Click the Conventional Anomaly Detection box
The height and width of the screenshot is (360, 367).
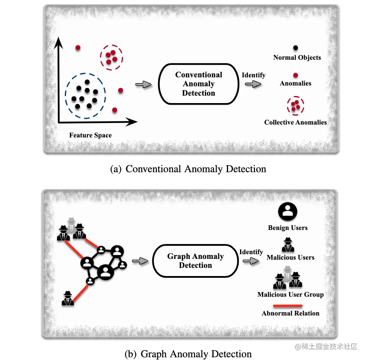pos(198,84)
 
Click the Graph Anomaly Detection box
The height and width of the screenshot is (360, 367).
pos(195,261)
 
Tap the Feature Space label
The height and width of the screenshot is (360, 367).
pos(90,135)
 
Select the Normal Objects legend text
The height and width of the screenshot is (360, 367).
pos(297,57)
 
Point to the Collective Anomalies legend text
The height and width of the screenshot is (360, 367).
pos(295,122)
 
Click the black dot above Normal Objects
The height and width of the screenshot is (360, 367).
pos(296,48)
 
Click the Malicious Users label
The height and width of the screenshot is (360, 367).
pos(290,257)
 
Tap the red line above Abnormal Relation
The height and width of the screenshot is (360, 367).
pos(287,306)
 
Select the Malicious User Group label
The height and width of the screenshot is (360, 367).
pos(290,294)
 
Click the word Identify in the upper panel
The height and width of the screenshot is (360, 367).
pos(253,75)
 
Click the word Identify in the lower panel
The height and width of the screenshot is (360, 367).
pos(251,252)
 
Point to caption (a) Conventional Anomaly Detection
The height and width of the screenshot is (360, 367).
pos(188,169)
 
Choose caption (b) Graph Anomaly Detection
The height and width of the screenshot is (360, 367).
pos(188,354)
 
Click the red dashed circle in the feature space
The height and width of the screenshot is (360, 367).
pos(111,57)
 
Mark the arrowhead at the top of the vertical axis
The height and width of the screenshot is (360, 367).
pos(59,41)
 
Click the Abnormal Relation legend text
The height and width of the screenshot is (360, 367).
pos(290,313)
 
